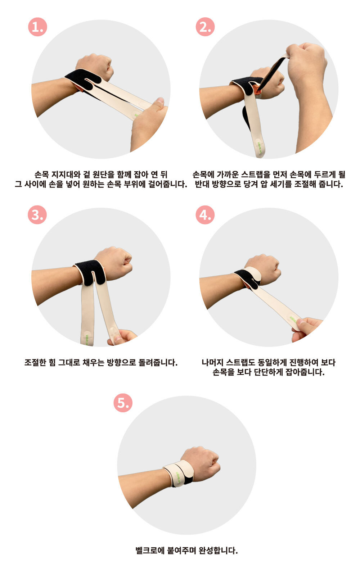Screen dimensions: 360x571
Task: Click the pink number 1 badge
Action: coord(37,27)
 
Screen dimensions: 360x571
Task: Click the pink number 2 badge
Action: coord(205,27)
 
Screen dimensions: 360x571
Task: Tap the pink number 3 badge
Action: coord(37,215)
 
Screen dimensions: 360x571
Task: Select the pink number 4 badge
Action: coord(205,215)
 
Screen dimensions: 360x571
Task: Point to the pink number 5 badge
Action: coord(123,403)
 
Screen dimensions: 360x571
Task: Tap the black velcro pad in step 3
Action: coord(91,272)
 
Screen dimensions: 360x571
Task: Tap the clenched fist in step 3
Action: coord(113,263)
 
